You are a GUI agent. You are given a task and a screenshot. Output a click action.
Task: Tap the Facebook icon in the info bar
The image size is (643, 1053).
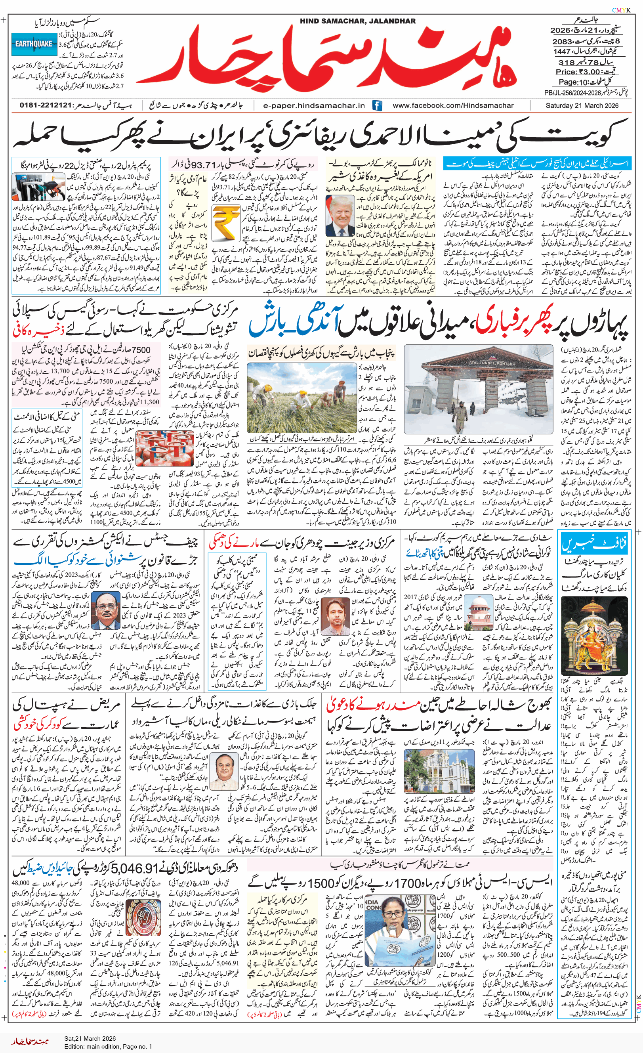377,105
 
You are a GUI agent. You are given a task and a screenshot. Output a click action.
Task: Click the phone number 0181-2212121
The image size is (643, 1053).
44,105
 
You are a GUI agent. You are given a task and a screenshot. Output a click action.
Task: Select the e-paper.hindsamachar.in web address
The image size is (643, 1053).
314,105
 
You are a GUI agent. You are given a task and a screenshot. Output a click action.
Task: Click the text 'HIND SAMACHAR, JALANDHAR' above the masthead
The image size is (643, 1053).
358,21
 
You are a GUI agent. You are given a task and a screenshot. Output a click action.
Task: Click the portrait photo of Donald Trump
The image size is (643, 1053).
340,216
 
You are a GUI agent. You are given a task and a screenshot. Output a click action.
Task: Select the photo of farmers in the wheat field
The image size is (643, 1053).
301,398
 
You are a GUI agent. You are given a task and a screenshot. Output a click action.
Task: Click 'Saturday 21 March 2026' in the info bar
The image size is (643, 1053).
582,105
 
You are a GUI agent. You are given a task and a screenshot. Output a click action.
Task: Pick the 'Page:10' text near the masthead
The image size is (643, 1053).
574,82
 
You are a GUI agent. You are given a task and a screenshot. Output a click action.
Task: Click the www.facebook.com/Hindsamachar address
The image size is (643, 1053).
453,105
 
